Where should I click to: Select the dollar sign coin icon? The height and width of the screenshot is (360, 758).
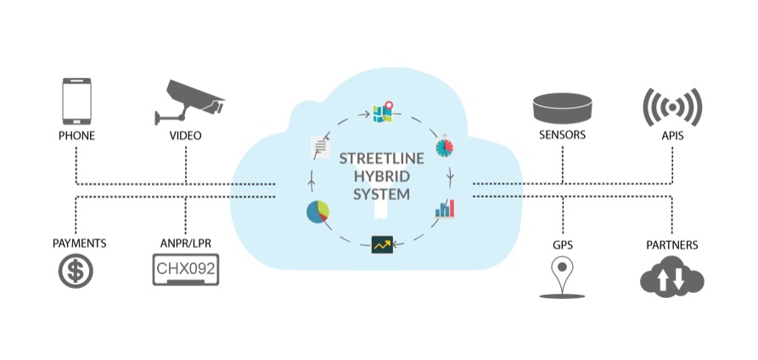point(76,272)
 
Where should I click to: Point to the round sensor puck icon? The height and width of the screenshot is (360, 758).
point(562,107)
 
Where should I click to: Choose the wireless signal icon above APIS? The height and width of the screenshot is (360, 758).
point(671,107)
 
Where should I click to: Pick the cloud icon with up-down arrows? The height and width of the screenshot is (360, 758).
point(671,276)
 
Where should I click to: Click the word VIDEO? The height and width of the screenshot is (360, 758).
point(184,136)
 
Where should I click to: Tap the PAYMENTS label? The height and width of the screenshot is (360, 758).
point(79,244)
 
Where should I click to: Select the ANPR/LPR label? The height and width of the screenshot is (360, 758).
point(184,244)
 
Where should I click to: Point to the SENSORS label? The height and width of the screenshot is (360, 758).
point(563,136)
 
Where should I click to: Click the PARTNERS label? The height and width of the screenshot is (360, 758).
point(671,245)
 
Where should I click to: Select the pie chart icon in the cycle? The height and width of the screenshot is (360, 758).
point(318,212)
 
